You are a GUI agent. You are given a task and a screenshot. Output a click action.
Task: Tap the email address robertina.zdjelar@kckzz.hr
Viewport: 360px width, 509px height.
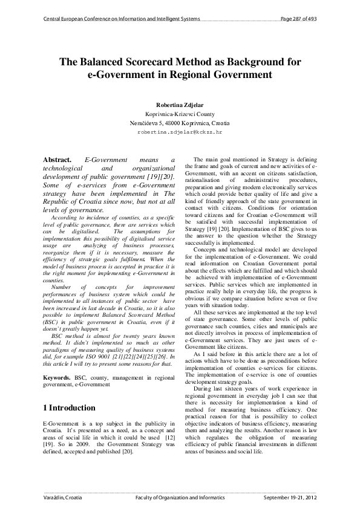click(x=180, y=131)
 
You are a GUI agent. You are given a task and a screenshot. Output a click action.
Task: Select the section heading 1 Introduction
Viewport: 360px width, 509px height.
click(x=71, y=407)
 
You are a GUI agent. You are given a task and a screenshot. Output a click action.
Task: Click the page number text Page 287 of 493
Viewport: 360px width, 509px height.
click(x=299, y=19)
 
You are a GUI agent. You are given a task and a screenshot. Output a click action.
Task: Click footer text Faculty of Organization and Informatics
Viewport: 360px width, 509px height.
click(x=181, y=498)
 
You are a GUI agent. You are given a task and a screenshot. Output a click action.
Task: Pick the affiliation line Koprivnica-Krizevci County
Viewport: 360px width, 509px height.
click(x=179, y=113)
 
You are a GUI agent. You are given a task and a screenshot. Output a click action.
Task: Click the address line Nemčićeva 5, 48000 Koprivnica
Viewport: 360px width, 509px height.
click(x=179, y=122)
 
